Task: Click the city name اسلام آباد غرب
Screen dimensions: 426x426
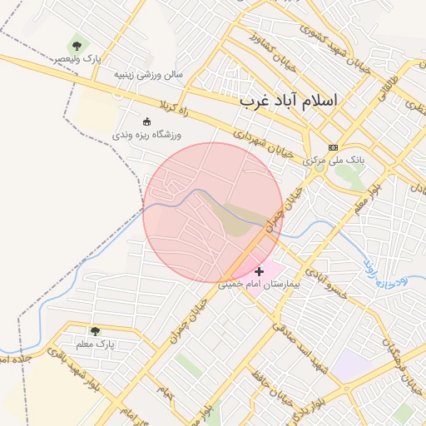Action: [x=289, y=101]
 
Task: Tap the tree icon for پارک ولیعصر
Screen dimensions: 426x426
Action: [x=77, y=46]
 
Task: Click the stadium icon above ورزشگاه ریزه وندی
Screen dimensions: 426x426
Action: [x=147, y=121]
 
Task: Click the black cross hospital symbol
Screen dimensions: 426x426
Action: [x=260, y=270]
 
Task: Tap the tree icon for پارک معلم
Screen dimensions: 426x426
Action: [x=94, y=330]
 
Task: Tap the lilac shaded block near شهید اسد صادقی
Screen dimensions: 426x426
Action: [x=354, y=366]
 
